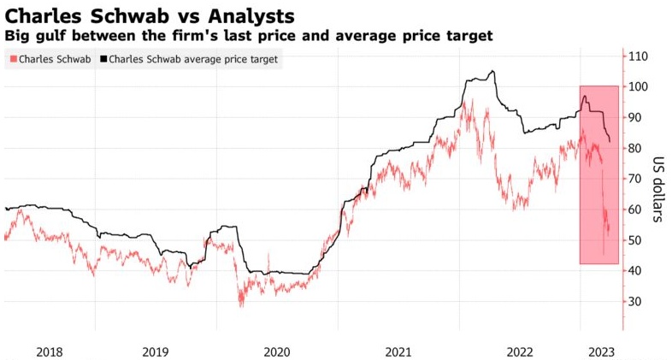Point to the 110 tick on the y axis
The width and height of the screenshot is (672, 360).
point(638,56)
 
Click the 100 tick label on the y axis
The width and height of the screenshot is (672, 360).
point(638,87)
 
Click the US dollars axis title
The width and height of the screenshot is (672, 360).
point(659,189)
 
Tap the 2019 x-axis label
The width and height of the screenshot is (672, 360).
point(156,351)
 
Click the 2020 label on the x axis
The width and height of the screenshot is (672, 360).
point(277,351)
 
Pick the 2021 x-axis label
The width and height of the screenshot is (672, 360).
point(399,351)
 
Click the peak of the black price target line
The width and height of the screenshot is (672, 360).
point(492,71)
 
